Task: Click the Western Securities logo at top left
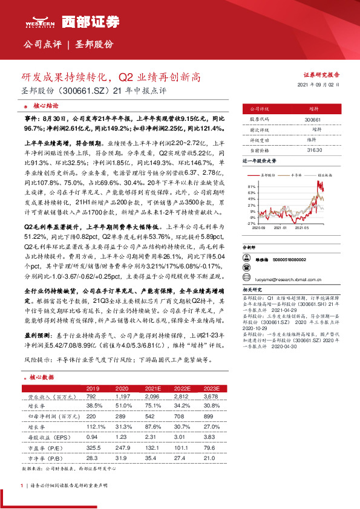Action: pyautogui.click(x=38, y=23)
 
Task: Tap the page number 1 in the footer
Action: pyautogui.click(x=22, y=485)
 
